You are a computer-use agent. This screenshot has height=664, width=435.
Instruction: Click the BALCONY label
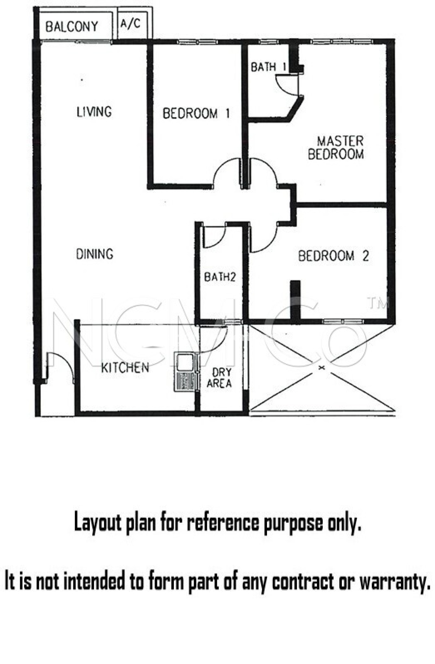click(72, 27)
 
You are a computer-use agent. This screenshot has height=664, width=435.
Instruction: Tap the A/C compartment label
click(130, 23)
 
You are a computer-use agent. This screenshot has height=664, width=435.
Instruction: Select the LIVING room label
click(94, 112)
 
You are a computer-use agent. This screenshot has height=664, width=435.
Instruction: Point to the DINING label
click(95, 254)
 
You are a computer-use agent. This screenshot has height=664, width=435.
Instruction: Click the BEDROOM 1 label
click(196, 113)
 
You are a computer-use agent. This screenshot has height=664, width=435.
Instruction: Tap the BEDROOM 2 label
click(333, 256)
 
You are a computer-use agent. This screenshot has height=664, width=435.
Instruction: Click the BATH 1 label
click(268, 67)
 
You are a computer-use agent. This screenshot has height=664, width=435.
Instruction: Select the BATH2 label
click(220, 277)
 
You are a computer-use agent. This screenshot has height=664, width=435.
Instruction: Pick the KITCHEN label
click(125, 368)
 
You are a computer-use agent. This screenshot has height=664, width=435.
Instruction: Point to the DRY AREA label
click(219, 378)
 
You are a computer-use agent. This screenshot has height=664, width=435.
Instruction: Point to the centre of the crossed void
click(322, 368)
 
